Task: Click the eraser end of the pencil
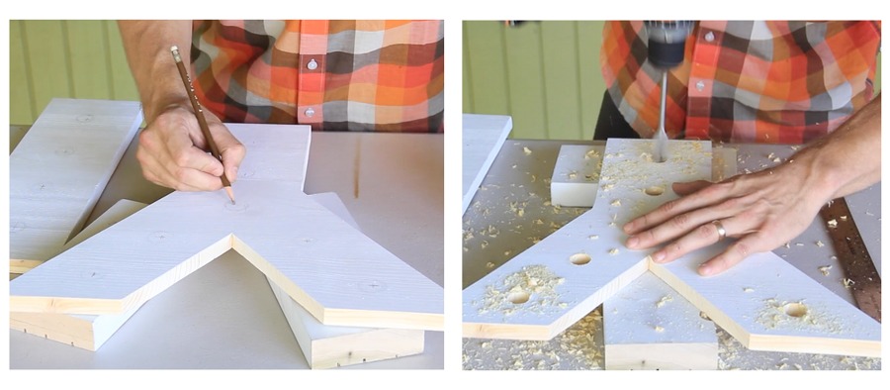pos(174,50)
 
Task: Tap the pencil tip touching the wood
pos(233,199)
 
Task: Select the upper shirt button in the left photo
pos(312,63)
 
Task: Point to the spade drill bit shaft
pos(661,119)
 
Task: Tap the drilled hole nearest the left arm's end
pos(518,296)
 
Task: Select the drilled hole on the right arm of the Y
pos(794,310)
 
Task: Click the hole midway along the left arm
pos(579,259)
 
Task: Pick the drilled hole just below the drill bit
pos(654,190)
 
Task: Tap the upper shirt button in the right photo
pos(708,38)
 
